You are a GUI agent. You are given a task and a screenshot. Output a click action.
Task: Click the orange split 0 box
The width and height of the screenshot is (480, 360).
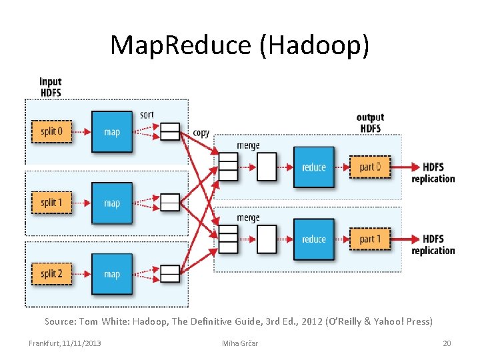tap(51, 131)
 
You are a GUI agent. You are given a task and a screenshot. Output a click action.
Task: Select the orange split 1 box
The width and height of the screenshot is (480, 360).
tap(51, 203)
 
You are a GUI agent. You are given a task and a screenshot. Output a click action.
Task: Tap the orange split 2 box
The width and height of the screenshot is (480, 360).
tap(51, 274)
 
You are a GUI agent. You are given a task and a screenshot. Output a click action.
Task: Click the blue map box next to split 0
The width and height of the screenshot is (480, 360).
tap(112, 131)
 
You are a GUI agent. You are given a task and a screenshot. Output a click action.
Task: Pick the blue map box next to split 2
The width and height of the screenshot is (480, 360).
tap(112, 274)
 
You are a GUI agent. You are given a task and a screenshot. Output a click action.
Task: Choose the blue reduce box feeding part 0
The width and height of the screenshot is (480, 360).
tap(314, 167)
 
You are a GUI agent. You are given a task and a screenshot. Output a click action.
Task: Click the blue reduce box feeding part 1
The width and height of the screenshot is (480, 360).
tap(314, 239)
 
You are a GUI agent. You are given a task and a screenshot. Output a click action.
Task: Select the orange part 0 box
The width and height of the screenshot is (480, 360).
tap(370, 167)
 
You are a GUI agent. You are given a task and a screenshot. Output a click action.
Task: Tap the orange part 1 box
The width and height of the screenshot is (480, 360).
tap(370, 239)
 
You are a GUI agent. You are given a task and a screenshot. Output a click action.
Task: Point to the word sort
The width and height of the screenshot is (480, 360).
tap(147, 115)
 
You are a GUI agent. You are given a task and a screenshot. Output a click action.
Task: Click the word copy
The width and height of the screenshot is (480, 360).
tap(201, 133)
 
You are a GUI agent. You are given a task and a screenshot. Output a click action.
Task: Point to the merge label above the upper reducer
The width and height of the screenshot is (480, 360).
tap(248, 146)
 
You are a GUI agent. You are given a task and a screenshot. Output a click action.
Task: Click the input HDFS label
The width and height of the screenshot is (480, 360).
tap(51, 87)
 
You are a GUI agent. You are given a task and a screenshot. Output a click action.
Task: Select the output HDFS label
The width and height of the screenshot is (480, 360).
tap(370, 123)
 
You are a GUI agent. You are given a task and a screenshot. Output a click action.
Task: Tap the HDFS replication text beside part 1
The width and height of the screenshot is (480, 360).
tap(433, 245)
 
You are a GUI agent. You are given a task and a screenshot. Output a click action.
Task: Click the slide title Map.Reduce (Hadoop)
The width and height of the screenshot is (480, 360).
tap(239, 45)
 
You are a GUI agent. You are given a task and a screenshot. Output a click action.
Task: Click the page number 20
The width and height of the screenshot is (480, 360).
tap(447, 343)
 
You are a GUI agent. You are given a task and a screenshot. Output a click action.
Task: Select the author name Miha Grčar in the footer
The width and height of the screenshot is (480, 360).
tap(239, 343)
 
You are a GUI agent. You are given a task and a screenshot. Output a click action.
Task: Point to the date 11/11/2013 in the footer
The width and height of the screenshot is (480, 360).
tap(83, 343)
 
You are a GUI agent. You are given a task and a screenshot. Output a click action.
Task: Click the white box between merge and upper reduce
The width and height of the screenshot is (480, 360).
tap(267, 167)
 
